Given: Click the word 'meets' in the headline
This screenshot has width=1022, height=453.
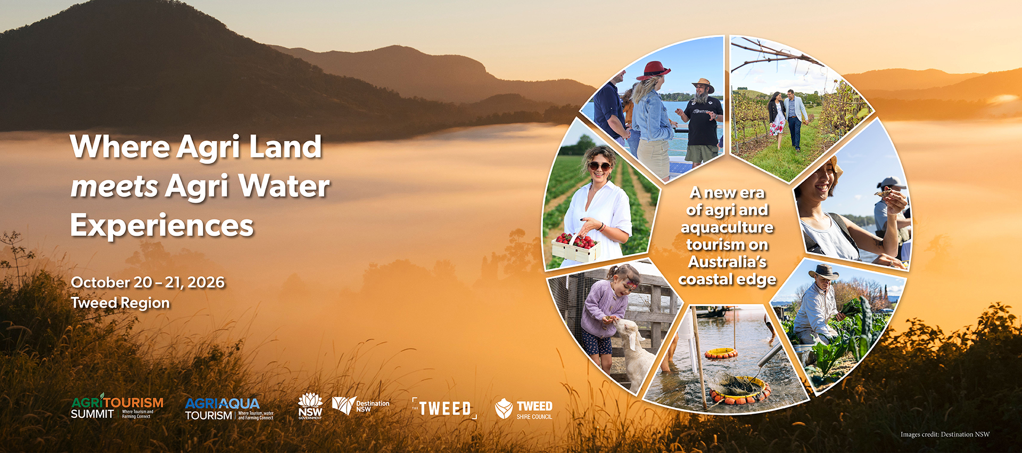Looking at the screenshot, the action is pyautogui.click(x=114, y=187).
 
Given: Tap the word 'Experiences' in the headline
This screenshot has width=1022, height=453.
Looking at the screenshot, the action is pyautogui.click(x=162, y=225).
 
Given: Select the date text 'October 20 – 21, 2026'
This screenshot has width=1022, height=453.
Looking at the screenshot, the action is pyautogui.click(x=148, y=282).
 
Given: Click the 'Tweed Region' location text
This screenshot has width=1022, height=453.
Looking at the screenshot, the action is pyautogui.click(x=120, y=303).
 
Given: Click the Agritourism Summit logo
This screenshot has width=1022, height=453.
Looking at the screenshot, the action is pyautogui.click(x=117, y=407).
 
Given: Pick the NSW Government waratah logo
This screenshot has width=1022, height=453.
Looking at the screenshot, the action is pyautogui.click(x=310, y=406).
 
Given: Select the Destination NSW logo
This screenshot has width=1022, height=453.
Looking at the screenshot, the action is pyautogui.click(x=360, y=406).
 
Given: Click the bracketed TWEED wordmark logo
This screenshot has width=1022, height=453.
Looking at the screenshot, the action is pyautogui.click(x=444, y=408).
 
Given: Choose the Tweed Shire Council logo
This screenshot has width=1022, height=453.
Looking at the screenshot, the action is pyautogui.click(x=524, y=409).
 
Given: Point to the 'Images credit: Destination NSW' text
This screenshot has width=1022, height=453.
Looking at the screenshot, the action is pyautogui.click(x=945, y=434).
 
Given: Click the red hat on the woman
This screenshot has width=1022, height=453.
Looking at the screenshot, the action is pyautogui.click(x=653, y=70).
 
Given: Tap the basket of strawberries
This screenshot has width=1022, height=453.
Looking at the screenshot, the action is pyautogui.click(x=575, y=248).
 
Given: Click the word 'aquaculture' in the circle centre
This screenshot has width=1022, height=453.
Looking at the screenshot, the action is pyautogui.click(x=727, y=228).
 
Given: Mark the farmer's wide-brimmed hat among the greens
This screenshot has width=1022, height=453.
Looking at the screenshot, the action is pyautogui.click(x=823, y=272).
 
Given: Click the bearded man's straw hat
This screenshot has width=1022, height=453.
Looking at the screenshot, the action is pyautogui.click(x=703, y=85).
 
